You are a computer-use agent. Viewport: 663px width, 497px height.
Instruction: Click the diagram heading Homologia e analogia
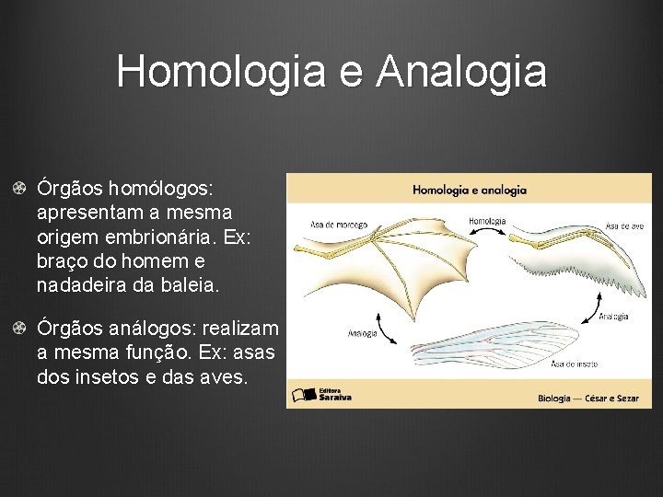click(x=469, y=191)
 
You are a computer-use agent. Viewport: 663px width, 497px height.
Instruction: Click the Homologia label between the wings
click(x=487, y=221)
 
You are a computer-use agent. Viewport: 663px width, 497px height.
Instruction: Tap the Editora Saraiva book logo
click(x=304, y=395)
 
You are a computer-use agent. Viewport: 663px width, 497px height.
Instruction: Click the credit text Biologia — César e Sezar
click(x=587, y=399)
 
